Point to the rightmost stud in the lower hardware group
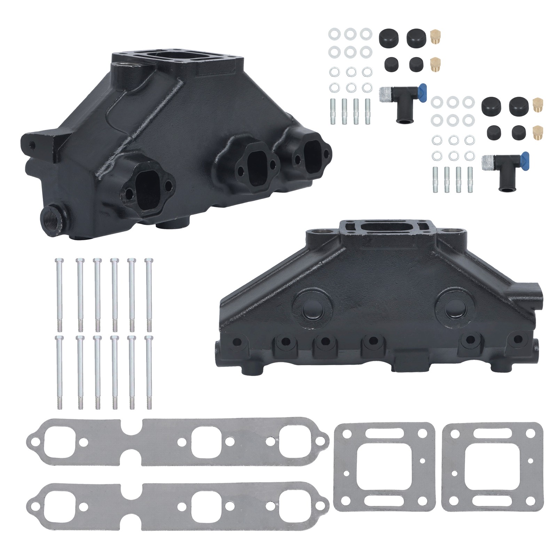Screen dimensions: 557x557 click(470, 180)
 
